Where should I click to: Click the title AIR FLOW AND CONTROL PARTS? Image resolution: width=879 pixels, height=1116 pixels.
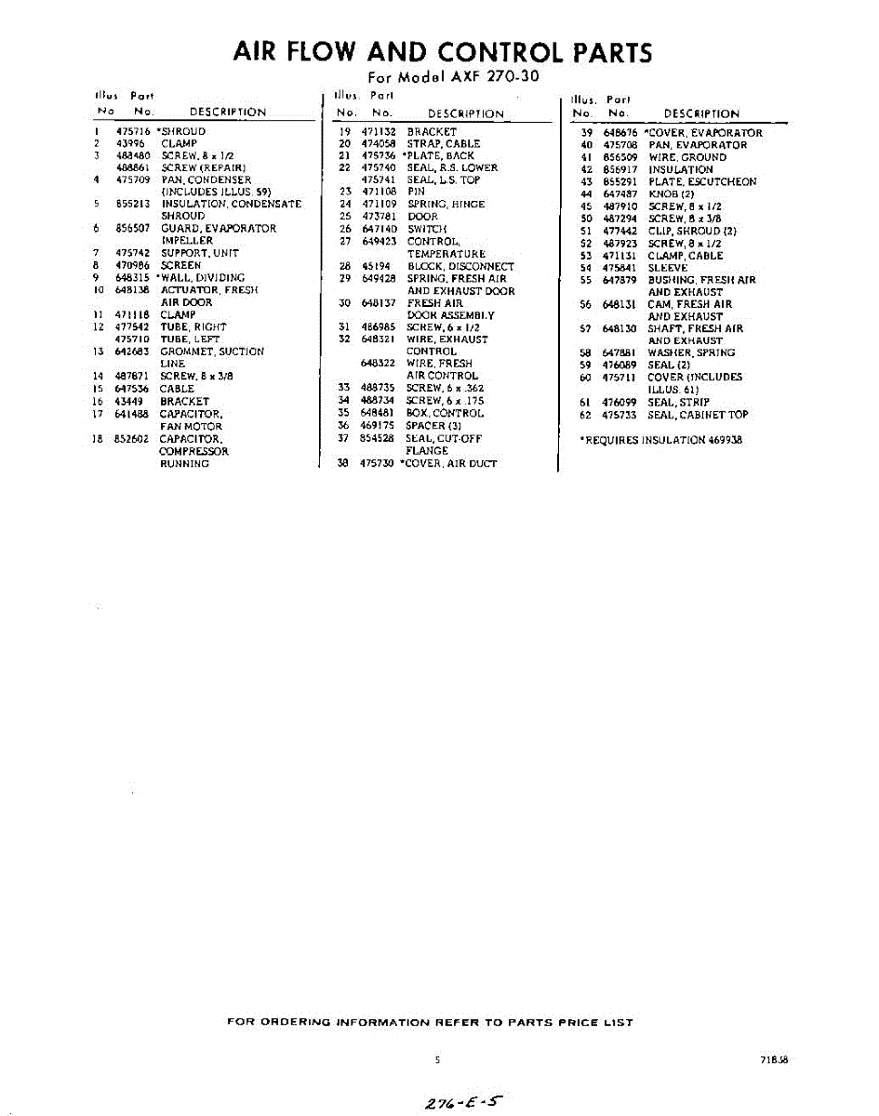[442, 53]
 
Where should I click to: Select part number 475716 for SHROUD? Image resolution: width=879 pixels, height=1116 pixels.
[133, 132]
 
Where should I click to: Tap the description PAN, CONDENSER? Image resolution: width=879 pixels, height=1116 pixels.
[206, 180]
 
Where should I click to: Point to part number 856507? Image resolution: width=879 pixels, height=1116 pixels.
[133, 229]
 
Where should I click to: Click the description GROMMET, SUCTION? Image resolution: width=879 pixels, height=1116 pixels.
[212, 352]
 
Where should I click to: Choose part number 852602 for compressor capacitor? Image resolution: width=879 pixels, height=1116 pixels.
[133, 439]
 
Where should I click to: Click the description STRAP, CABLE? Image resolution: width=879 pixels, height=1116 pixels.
[443, 144]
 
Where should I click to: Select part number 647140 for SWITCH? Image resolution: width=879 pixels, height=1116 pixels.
[380, 229]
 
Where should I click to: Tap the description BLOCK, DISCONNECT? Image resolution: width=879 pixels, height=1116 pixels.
[459, 266]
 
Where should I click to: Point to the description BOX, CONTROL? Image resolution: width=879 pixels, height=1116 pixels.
[445, 413]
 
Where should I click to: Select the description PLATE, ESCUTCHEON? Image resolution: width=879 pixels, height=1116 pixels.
[701, 182]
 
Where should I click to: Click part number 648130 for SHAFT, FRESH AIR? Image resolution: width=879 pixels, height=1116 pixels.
[619, 328]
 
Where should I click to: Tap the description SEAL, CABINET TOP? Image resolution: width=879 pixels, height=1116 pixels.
[698, 415]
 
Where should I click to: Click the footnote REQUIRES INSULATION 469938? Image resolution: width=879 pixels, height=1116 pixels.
[660, 440]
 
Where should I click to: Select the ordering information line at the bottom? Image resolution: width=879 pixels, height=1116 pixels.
[430, 1022]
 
